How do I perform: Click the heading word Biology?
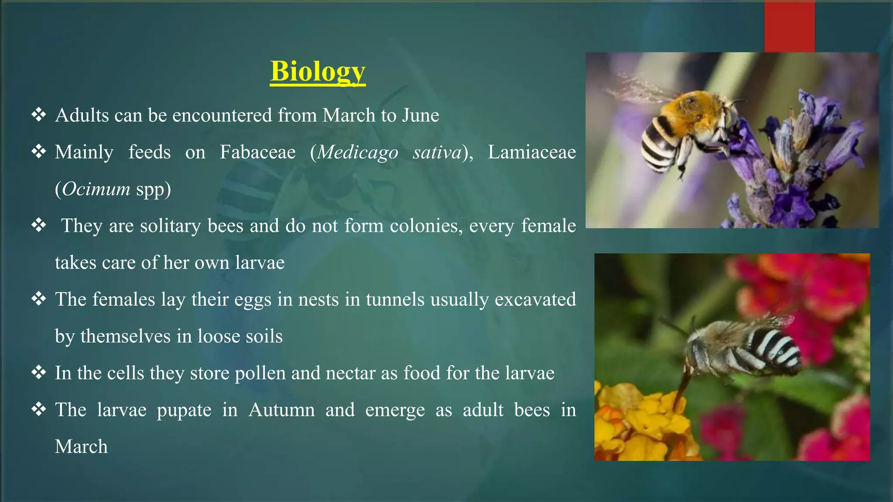[317, 71]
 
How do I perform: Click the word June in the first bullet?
[420, 115]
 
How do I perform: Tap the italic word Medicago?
[358, 153]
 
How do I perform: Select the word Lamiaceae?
[532, 153]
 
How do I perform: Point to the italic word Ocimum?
[96, 189]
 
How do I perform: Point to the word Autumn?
[281, 410]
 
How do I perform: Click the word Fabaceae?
[257, 153]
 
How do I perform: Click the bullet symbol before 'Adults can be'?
[39, 115]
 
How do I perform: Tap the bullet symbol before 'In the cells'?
[39, 373]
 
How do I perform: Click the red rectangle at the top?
[789, 26]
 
